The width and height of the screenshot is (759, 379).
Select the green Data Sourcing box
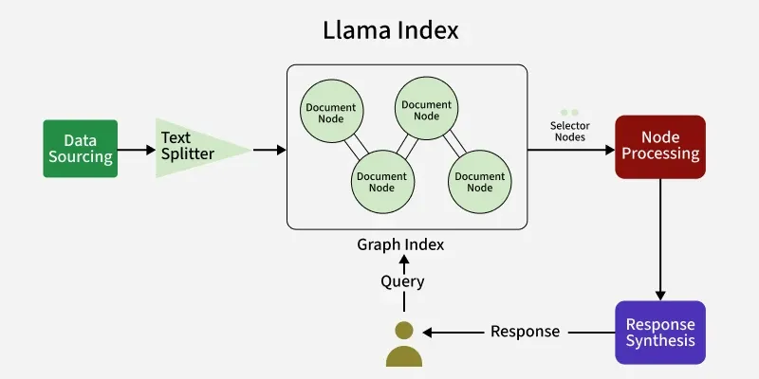point(81,148)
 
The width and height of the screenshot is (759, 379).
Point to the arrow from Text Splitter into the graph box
point(269,149)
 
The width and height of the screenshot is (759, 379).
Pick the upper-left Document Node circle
point(330,112)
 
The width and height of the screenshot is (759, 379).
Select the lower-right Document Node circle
point(480,181)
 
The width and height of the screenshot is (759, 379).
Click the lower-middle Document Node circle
point(381,181)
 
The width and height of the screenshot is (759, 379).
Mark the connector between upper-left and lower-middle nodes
point(356,146)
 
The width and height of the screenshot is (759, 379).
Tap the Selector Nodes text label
point(568,131)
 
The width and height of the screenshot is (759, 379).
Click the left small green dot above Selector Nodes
point(564,112)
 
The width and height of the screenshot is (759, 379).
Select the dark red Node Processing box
point(660,147)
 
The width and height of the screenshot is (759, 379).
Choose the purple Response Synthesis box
point(660,332)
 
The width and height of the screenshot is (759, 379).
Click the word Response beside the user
point(525,332)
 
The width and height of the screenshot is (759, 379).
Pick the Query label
point(402,281)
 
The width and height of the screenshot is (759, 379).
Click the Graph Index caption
point(400,244)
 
